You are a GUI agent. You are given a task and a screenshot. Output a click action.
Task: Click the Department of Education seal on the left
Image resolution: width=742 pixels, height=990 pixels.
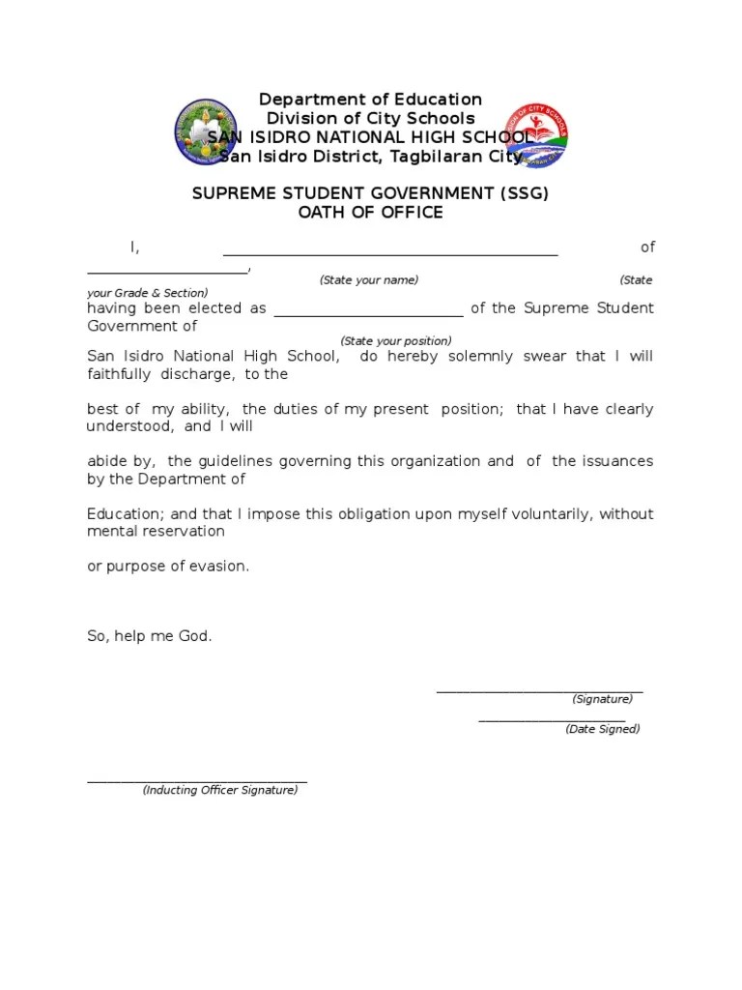click(x=205, y=132)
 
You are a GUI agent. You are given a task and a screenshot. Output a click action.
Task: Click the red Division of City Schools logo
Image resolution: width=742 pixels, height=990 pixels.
click(x=537, y=134)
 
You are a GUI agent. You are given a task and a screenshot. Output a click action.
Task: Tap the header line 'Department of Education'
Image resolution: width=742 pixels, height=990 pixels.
click(x=370, y=100)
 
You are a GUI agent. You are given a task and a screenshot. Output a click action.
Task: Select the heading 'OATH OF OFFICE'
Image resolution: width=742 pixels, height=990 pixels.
click(x=370, y=213)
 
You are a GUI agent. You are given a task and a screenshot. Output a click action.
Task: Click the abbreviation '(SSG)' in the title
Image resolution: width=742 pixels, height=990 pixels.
click(x=525, y=193)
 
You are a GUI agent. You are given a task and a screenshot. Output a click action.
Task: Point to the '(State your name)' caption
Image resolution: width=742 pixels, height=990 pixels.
click(x=369, y=280)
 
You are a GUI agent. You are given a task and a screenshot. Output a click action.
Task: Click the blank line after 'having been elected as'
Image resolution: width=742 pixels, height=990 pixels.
click(x=369, y=314)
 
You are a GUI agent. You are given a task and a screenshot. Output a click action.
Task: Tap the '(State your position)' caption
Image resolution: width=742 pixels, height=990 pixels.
click(x=396, y=341)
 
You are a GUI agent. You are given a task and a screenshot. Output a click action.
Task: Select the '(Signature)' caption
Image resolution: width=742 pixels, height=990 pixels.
click(x=602, y=699)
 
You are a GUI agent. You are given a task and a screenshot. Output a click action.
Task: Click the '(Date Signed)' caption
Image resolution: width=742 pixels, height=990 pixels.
click(x=603, y=729)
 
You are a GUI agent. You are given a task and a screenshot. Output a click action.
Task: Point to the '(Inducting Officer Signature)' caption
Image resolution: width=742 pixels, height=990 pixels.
click(x=220, y=790)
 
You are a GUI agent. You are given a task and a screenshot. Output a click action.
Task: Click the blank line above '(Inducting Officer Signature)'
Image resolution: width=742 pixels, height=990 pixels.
click(x=197, y=780)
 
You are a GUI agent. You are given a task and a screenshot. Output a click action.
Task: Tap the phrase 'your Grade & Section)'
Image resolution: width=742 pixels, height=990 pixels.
click(x=148, y=293)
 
